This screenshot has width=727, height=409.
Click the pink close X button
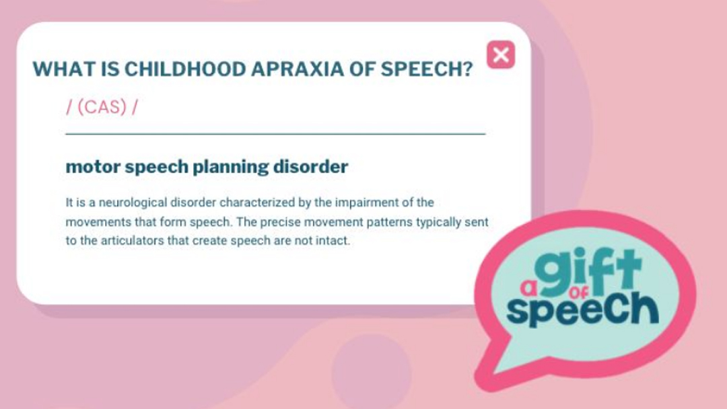[501, 54]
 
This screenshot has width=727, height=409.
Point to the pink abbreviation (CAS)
[102, 107]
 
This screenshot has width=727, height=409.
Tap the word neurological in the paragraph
[133, 203]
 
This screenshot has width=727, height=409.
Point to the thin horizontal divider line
[275, 134]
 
